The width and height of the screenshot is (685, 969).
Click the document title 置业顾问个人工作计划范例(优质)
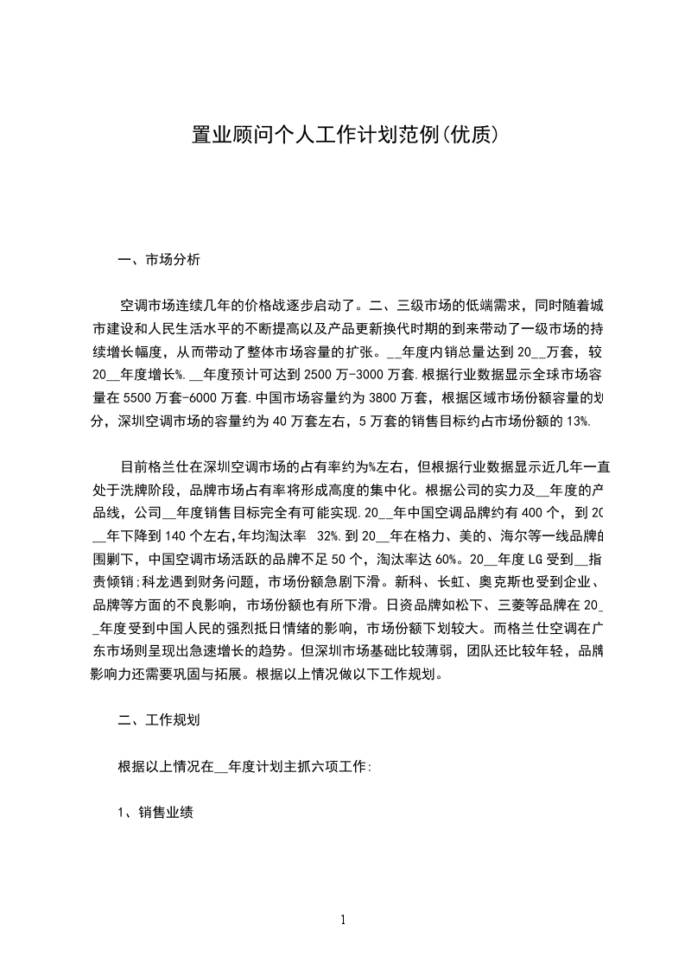342,136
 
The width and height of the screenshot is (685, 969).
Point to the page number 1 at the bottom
343,920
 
